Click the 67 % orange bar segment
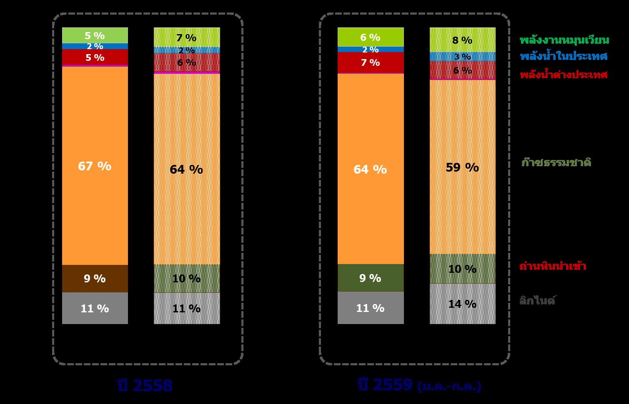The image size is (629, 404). pyautogui.click(x=95, y=166)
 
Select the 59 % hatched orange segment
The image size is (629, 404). pyautogui.click(x=462, y=167)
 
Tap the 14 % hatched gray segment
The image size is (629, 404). pyautogui.click(x=462, y=304)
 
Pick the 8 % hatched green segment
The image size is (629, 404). pyautogui.click(x=462, y=40)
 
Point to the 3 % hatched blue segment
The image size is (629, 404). pyautogui.click(x=462, y=56)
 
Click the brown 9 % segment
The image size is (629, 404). pyautogui.click(x=95, y=278)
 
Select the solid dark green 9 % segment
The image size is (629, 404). pyautogui.click(x=370, y=278)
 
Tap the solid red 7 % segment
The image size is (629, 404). pyautogui.click(x=370, y=62)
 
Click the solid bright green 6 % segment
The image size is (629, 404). pyautogui.click(x=370, y=37)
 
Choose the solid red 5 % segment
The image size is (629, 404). pyautogui.click(x=95, y=57)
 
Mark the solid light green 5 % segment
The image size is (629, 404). pyautogui.click(x=95, y=35)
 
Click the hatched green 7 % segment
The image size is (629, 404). pyautogui.click(x=186, y=37)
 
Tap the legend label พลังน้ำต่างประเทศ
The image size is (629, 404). pyautogui.click(x=563, y=75)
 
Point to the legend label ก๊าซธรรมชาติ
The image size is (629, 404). pyautogui.click(x=556, y=162)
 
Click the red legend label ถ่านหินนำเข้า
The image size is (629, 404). pyautogui.click(x=553, y=266)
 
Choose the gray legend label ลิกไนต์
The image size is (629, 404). pyautogui.click(x=537, y=300)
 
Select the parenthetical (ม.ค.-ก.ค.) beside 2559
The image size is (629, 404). pyautogui.click(x=449, y=387)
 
